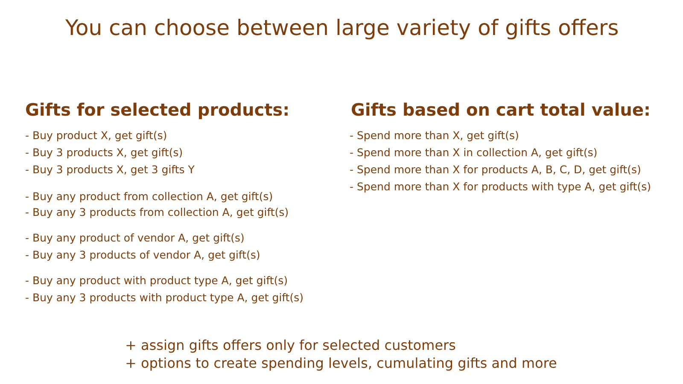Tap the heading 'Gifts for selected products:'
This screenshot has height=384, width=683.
pos(157,110)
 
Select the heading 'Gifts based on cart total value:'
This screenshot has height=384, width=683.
pos(500,110)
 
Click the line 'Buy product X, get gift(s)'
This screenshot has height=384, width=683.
pos(96,136)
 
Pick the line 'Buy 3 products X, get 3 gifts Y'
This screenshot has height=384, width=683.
pos(110,170)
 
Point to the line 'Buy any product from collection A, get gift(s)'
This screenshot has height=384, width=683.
pos(149,197)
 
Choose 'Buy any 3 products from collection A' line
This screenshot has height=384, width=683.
pos(157,212)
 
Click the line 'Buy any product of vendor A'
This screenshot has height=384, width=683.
pos(135,238)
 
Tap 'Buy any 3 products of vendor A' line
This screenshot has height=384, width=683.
pos(143,255)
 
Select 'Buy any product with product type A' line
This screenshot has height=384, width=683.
pos(156,281)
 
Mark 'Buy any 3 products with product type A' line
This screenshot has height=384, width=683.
pos(164,298)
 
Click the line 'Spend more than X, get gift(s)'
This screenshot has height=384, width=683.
pos(434,136)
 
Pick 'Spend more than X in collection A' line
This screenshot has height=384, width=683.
pos(473,153)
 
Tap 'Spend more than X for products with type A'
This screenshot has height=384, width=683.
pos(500,187)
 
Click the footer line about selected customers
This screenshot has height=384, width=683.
pos(291,345)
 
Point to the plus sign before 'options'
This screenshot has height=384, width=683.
pos(131,363)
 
